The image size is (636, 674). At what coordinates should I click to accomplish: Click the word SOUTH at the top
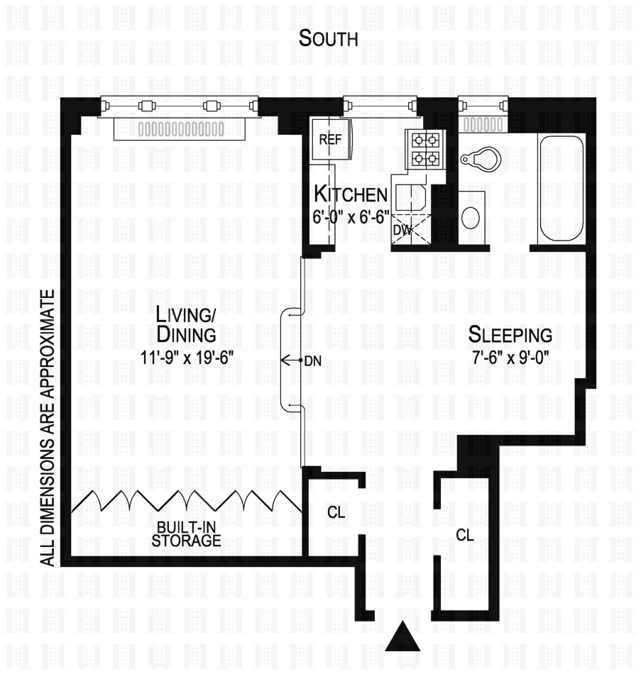(328, 38)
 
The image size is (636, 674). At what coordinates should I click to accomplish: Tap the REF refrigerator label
(330, 139)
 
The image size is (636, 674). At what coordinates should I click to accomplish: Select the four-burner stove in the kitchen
(424, 148)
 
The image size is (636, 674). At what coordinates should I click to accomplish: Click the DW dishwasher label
(402, 230)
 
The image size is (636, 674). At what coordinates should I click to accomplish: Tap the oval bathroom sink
(471, 217)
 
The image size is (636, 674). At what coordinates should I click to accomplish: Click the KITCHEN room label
(351, 194)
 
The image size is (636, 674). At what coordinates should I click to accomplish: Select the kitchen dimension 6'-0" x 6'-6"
(351, 216)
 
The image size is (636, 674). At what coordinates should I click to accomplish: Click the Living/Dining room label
(187, 323)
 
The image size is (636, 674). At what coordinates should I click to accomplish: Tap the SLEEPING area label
(510, 334)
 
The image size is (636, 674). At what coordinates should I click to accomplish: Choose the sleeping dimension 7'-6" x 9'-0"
(510, 358)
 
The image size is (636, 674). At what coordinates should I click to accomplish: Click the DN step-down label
(312, 360)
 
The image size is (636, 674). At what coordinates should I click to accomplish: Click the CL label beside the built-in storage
(336, 512)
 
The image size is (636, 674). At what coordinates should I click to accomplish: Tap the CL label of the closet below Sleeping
(464, 534)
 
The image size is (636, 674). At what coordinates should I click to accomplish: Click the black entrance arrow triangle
(403, 636)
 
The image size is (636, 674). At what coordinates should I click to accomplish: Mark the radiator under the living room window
(181, 129)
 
